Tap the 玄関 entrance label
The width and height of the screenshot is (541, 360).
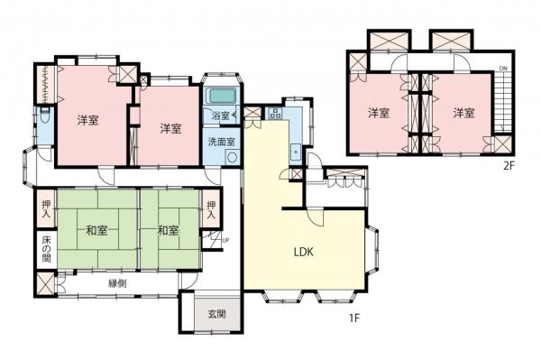217,315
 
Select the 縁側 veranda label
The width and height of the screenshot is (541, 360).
118,283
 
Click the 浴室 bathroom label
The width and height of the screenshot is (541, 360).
220,116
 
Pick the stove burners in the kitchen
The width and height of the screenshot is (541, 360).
275,114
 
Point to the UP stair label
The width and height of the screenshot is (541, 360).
225,239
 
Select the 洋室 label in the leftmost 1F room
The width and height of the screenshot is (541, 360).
87,119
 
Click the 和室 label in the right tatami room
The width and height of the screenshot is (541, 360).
167,230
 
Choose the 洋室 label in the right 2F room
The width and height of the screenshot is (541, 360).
463,113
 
